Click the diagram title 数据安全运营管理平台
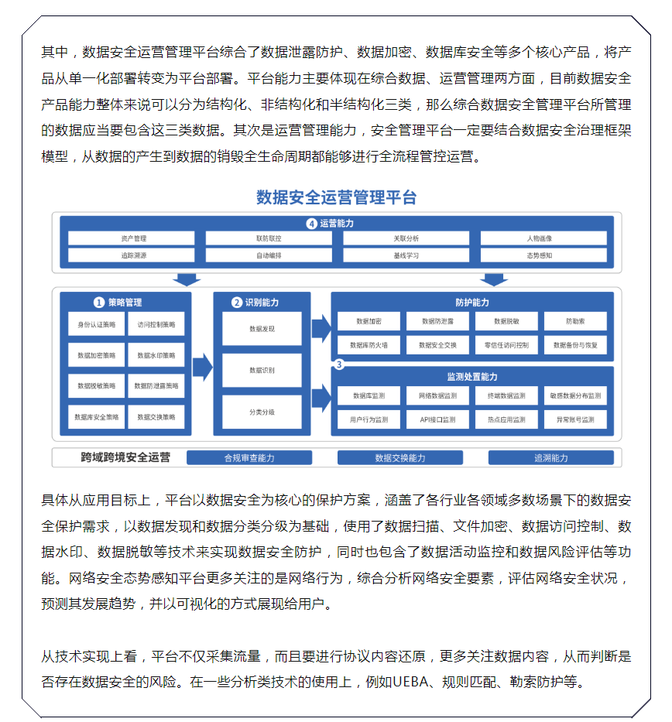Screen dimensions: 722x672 pos(336,197)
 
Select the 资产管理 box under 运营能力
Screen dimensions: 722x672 pos(133,238)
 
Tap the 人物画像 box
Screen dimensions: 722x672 pos(539,238)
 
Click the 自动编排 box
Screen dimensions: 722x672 pos(269,255)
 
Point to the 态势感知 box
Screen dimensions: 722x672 pos(539,255)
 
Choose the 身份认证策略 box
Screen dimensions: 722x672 pos(96,324)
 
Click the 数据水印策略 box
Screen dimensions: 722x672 pos(156,355)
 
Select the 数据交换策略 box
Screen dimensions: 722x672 pos(156,416)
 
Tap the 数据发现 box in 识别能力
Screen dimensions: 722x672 pos(262,329)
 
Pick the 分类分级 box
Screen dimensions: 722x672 pos(262,412)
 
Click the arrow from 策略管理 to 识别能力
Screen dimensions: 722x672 pos(202,367)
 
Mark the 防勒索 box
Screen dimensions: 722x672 pos(575,320)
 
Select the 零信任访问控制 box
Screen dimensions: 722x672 pos(506,344)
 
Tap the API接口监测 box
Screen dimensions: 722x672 pos(437,419)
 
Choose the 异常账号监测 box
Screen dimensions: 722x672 pos(575,419)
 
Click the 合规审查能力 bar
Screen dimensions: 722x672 pos(249,457)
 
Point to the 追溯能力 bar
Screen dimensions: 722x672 pos(550,457)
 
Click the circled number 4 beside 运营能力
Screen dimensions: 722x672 pos(311,224)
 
